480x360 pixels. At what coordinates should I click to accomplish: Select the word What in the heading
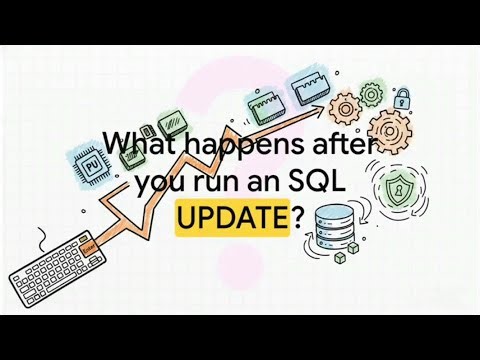(136, 146)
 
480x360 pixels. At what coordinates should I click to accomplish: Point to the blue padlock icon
(403, 98)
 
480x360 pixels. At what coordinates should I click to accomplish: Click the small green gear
(371, 94)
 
